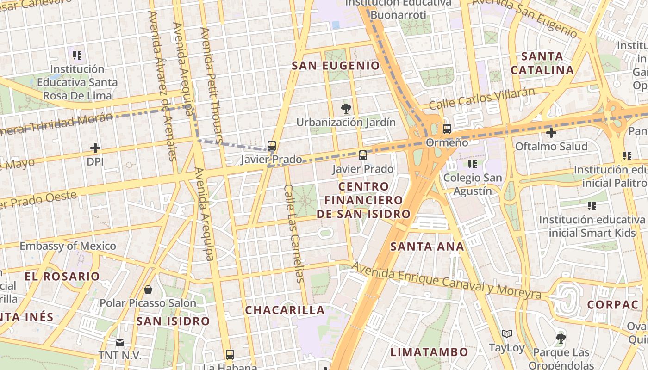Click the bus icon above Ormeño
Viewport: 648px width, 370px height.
click(447, 129)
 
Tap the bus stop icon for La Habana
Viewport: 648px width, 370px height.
click(230, 355)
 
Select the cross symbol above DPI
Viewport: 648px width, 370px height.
click(95, 148)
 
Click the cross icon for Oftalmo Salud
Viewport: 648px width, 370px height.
click(551, 133)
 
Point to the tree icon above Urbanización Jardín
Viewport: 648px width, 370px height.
click(345, 109)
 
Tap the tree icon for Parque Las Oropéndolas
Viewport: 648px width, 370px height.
click(561, 339)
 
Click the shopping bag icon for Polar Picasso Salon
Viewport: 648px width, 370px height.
click(148, 290)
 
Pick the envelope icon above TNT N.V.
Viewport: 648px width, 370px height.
click(120, 342)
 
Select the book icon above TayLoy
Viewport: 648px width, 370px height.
click(507, 334)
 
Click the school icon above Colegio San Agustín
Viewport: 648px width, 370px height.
click(472, 164)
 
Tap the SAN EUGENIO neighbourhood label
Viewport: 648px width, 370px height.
click(336, 66)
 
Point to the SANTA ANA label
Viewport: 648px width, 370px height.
click(427, 247)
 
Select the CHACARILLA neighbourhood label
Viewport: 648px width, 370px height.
click(285, 310)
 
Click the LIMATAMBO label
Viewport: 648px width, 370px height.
click(429, 352)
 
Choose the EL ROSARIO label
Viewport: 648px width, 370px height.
click(62, 277)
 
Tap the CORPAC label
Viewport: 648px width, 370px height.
click(613, 305)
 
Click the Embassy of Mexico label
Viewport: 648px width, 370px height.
click(68, 246)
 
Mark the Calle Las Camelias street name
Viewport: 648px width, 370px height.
click(295, 234)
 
